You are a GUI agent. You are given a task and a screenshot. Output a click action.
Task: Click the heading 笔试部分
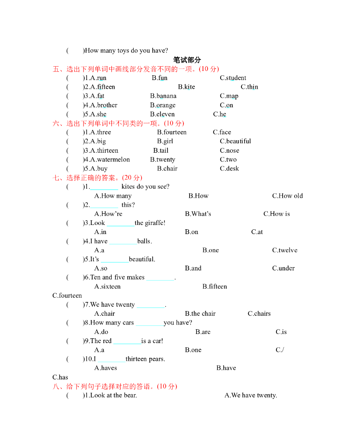coord(187,60)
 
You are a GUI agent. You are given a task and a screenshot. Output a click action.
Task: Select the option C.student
coord(233,78)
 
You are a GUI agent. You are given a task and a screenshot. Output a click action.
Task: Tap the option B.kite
coord(186,87)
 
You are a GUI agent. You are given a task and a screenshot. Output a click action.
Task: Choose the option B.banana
coord(163,96)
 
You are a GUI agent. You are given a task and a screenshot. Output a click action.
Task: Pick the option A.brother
coord(104,105)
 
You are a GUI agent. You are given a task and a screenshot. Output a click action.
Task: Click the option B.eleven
coord(162,114)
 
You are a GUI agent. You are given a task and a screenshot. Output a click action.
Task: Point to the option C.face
coord(222,132)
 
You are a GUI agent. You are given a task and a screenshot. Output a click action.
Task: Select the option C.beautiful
coord(235,141)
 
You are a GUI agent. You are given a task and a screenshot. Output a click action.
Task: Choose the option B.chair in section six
coord(167,169)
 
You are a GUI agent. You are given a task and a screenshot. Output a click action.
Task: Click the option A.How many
coord(113,196)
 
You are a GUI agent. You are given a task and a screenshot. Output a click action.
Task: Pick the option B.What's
coord(198,214)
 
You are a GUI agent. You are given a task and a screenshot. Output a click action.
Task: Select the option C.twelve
coord(285,250)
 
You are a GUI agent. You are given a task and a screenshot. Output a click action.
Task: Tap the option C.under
coord(283,268)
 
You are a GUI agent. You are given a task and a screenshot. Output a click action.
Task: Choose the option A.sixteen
coord(108,286)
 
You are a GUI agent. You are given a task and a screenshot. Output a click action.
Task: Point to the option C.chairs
coord(259,314)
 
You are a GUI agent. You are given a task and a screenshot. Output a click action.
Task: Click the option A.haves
coord(106,368)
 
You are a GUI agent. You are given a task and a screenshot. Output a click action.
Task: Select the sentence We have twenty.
coord(251,395)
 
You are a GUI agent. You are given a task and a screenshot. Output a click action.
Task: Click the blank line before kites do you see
coord(104,187)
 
